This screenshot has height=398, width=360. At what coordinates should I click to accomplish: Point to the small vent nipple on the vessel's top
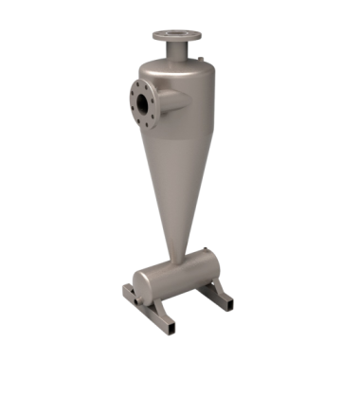coord(201,62)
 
